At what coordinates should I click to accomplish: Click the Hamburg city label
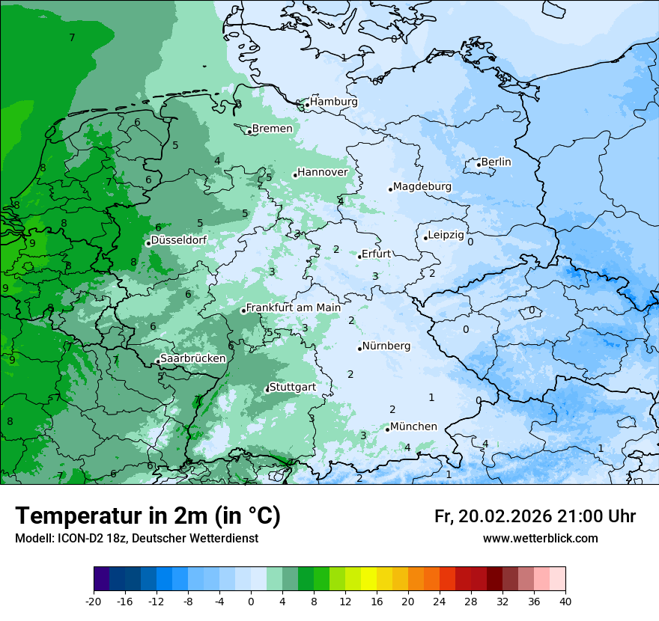[x=333, y=102]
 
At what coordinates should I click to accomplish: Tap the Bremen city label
[x=272, y=129]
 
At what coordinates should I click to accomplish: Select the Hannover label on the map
[x=322, y=173]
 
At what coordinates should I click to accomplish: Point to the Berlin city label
[x=496, y=162]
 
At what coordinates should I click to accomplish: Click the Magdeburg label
[x=422, y=186]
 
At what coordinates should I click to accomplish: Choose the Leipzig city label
[x=446, y=235]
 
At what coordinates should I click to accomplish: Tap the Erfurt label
[x=376, y=254]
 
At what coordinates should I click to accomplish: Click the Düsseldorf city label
[x=179, y=240]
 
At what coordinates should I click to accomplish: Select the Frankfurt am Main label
[x=293, y=308]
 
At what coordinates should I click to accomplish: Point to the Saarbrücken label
[x=192, y=358]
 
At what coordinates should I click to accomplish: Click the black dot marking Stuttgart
[x=267, y=389]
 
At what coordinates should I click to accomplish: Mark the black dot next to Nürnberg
[x=359, y=349]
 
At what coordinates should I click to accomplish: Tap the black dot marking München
[x=387, y=429]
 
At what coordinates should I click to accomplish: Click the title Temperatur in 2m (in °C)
[x=148, y=516]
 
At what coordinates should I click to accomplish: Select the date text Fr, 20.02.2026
[x=493, y=516]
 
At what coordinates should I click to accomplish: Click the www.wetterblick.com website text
[x=540, y=539]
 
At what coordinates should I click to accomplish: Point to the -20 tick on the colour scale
[x=94, y=601]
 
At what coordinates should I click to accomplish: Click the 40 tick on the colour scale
[x=565, y=601]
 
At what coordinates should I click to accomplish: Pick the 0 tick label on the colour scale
[x=251, y=601]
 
